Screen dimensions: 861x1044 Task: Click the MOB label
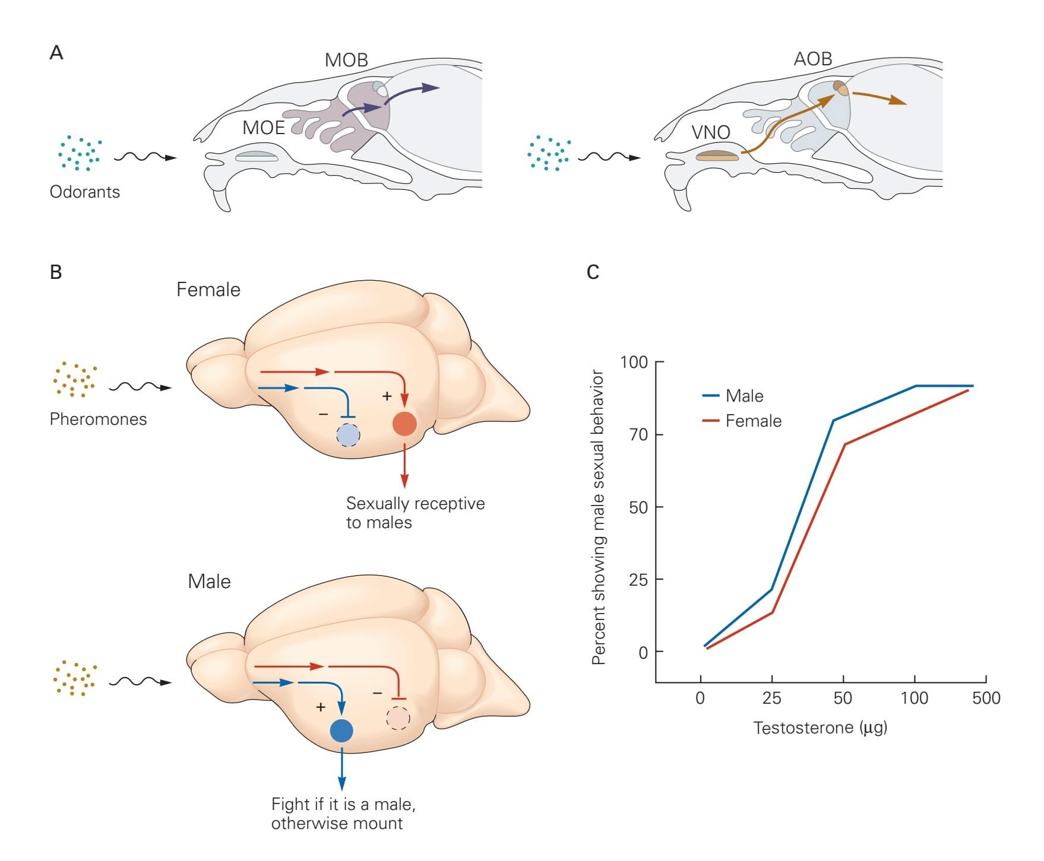click(x=346, y=60)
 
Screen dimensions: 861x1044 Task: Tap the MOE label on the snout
click(x=264, y=128)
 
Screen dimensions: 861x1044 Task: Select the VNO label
click(x=711, y=132)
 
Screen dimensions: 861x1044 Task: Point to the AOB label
click(x=813, y=59)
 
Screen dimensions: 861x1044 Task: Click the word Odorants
click(x=85, y=192)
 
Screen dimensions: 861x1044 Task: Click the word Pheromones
click(x=98, y=419)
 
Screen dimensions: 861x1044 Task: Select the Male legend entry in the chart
click(x=744, y=396)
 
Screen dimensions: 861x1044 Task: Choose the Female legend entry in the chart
click(x=753, y=421)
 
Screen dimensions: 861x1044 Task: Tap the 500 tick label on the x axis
click(x=986, y=698)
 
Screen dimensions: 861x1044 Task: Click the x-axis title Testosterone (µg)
click(x=820, y=727)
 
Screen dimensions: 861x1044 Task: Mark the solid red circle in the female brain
click(x=404, y=424)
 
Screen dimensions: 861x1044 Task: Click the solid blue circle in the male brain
click(x=341, y=730)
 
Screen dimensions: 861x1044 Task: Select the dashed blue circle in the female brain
click(x=348, y=435)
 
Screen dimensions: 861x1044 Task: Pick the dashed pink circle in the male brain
click(x=398, y=718)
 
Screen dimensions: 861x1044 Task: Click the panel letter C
click(x=593, y=272)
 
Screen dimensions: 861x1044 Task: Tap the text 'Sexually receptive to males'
click(x=415, y=513)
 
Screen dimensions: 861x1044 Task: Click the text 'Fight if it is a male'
click(x=343, y=805)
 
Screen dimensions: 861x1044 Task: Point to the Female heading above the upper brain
click(x=208, y=290)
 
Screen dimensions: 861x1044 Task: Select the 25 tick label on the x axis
click(x=771, y=698)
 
